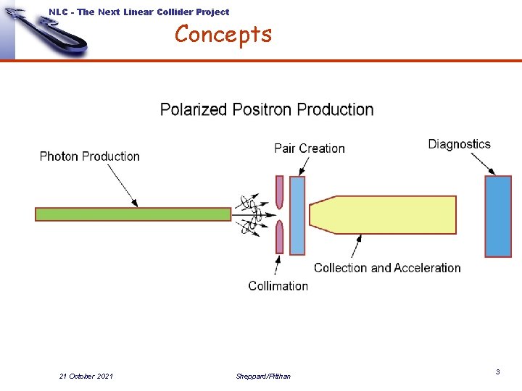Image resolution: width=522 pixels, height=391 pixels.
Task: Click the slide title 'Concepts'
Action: (223, 34)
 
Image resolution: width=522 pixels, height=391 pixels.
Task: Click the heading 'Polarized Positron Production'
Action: (267, 110)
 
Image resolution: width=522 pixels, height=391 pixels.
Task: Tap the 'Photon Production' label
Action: (89, 156)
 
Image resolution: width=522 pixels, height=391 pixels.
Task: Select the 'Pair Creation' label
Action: (310, 148)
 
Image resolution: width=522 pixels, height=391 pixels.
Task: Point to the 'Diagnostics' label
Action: (459, 144)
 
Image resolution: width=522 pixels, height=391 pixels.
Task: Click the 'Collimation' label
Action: (278, 286)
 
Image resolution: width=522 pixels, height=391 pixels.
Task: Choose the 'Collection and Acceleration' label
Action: (387, 268)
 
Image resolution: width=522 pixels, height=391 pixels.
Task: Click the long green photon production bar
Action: (133, 214)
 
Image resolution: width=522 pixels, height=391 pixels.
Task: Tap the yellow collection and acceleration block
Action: (384, 215)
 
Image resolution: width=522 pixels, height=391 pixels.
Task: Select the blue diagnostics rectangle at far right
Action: (498, 216)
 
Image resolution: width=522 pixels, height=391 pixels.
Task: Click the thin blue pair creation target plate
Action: (297, 215)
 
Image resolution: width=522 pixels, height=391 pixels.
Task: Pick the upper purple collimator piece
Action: (279, 192)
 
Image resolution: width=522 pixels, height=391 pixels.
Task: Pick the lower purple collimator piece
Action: (279, 237)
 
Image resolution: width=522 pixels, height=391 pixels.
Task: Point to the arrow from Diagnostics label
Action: (481, 164)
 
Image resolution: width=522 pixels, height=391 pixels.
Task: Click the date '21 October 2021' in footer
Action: (86, 376)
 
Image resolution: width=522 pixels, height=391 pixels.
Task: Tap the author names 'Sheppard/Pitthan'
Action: (263, 376)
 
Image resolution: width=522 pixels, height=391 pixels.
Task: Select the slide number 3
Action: (497, 371)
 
